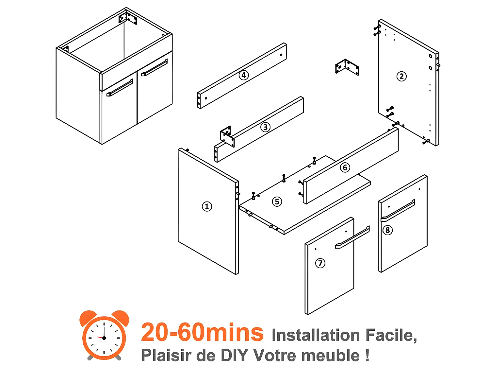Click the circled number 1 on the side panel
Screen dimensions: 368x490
point(207,206)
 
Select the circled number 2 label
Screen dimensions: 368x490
point(401,76)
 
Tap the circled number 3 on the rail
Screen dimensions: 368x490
point(265,127)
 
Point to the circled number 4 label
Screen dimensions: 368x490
point(243,75)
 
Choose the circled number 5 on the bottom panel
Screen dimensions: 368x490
point(277,202)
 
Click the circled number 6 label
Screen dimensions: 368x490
point(345,167)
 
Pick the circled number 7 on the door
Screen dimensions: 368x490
point(320,263)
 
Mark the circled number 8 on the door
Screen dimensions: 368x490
point(387,230)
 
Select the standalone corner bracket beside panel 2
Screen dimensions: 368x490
point(347,67)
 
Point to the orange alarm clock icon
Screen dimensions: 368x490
point(104,335)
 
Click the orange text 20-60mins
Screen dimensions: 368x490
point(202,332)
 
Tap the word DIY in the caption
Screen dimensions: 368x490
point(235,356)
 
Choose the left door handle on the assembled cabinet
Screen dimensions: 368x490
point(120,88)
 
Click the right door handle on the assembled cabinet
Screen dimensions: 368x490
point(155,67)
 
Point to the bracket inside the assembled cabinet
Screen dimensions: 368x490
point(128,18)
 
